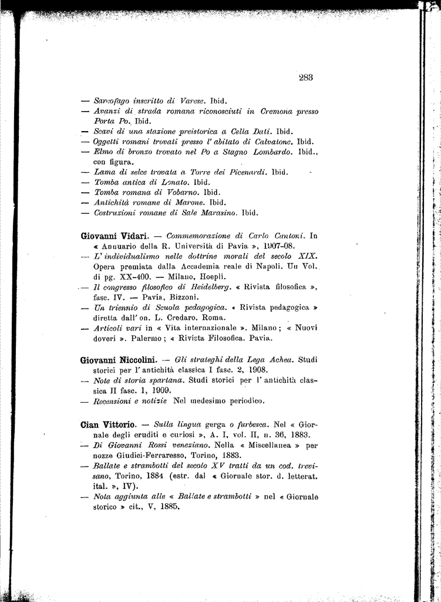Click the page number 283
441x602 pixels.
pyautogui.click(x=305, y=76)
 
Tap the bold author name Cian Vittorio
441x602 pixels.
pyautogui.click(x=109, y=424)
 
